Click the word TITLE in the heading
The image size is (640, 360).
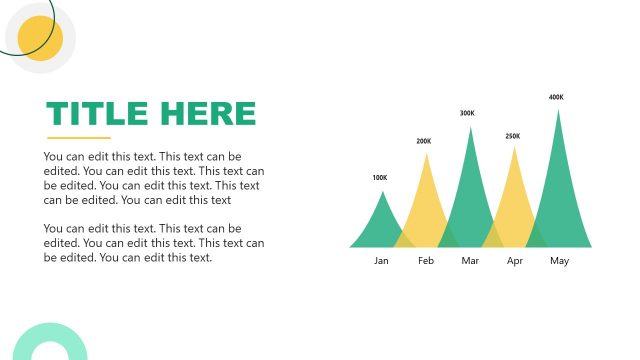[x=97, y=114]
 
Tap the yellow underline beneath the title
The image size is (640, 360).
[x=79, y=138]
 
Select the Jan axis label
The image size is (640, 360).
[x=381, y=261]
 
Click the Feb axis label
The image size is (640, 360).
[x=426, y=261]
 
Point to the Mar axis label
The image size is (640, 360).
[x=471, y=261]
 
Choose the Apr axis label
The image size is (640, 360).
[x=515, y=261]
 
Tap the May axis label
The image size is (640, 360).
[x=559, y=261]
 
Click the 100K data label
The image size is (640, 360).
[x=379, y=178]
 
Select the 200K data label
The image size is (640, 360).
[x=424, y=141]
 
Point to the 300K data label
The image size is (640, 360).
[x=467, y=113]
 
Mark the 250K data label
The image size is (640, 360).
[x=512, y=136]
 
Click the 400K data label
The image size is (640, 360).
[x=556, y=97]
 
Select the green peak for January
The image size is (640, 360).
[x=379, y=225]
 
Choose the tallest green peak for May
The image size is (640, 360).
[x=558, y=185]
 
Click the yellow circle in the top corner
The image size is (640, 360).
[x=41, y=39]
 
